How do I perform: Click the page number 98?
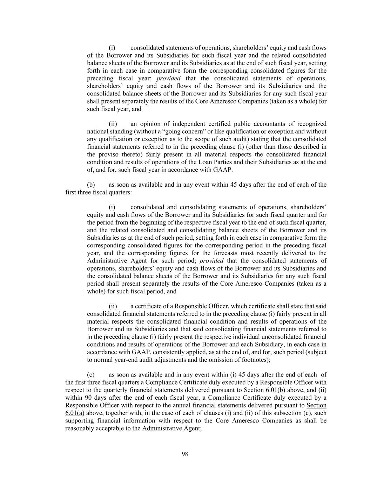point(185,454)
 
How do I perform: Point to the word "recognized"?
point(312,124)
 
